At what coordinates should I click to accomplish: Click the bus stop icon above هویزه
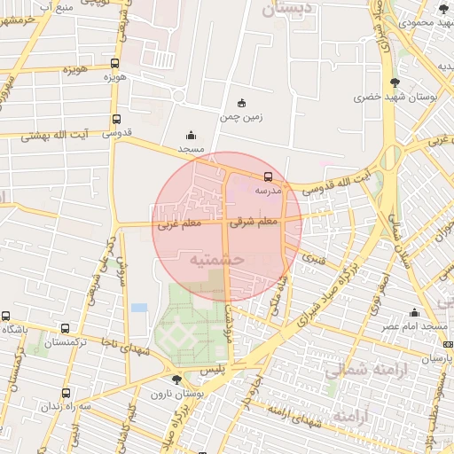[x=114, y=63]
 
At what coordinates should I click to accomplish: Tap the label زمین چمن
[x=243, y=116]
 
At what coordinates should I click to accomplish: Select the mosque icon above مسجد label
[x=192, y=136]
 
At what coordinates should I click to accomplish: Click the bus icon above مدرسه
[x=269, y=176]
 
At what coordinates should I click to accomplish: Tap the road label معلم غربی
[x=179, y=224]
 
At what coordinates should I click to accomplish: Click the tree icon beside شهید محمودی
[x=443, y=9]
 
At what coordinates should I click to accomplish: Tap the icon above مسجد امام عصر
[x=414, y=312]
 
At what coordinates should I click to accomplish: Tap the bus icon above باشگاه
[x=6, y=316]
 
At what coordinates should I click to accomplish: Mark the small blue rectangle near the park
[x=139, y=308]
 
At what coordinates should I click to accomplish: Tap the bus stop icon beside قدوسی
[x=116, y=120]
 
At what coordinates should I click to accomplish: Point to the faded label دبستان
[x=286, y=10]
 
